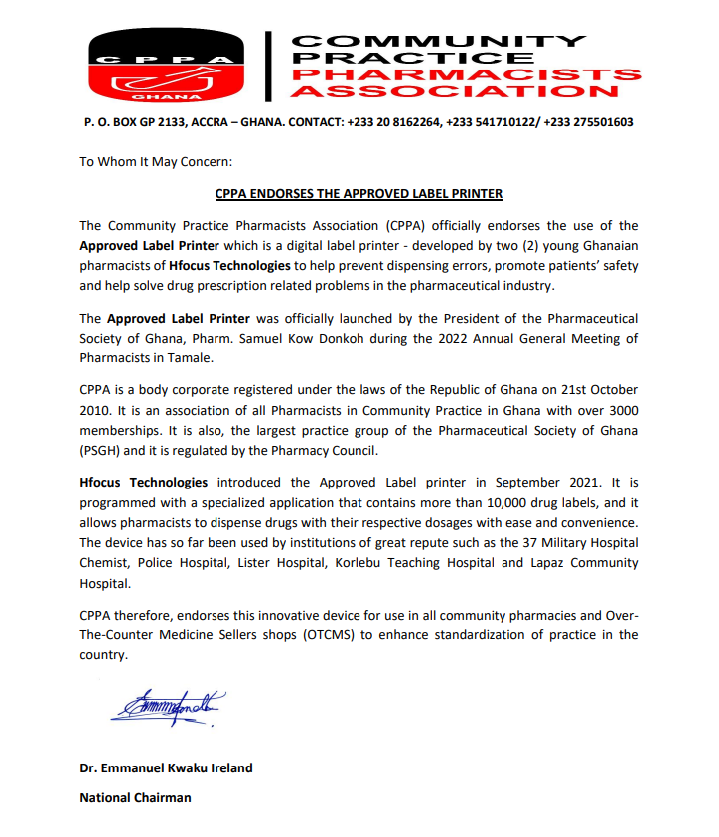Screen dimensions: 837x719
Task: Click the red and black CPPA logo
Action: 166,66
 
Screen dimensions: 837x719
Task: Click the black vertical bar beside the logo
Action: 267,66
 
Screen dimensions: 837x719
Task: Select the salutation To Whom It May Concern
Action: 155,160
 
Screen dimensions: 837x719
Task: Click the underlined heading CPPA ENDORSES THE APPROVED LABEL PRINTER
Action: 359,194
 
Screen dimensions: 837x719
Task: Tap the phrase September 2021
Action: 564,482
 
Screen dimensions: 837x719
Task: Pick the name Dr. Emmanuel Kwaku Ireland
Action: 167,768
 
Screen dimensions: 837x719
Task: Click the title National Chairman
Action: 135,797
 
